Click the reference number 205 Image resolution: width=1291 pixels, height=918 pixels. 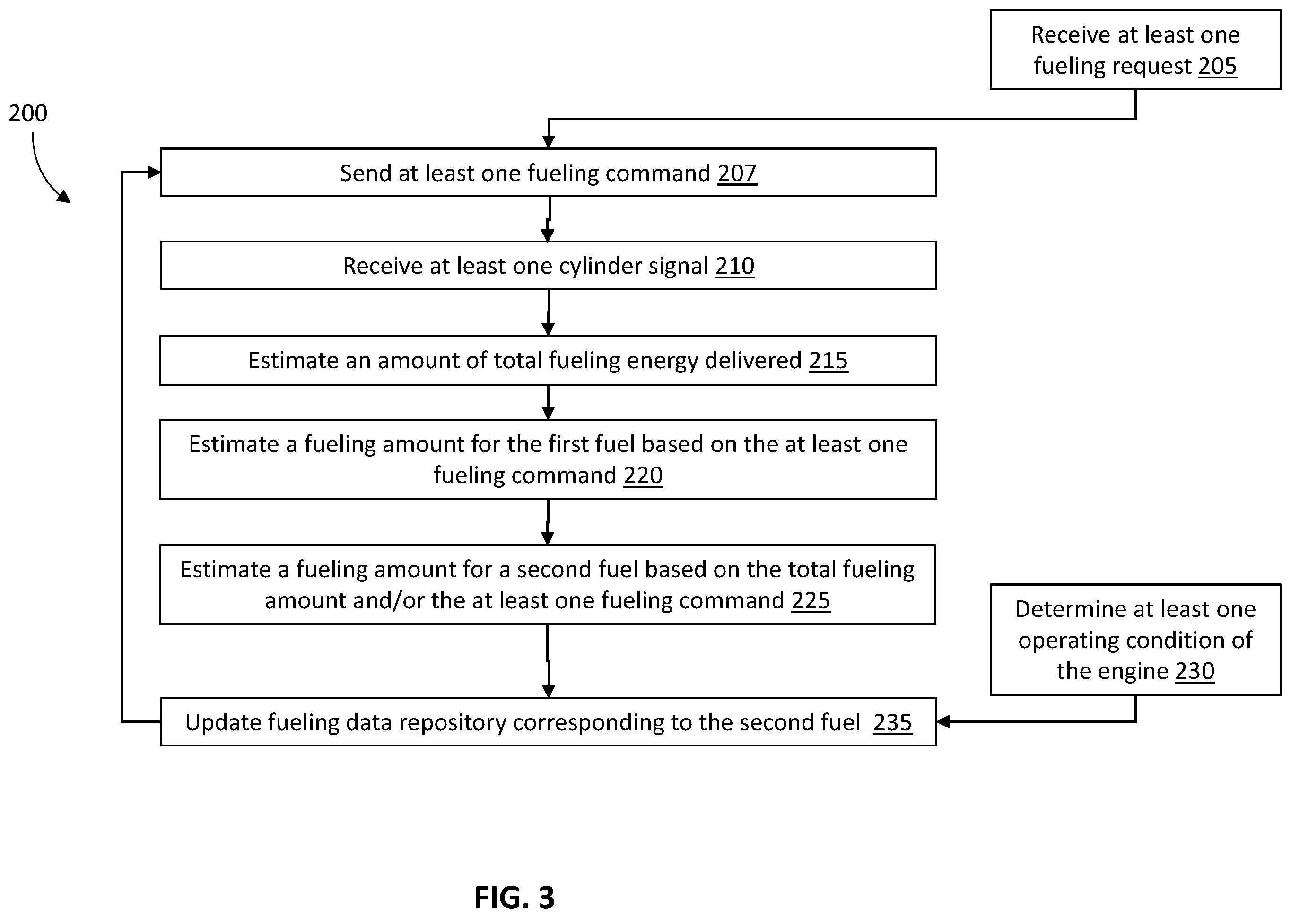click(x=1218, y=66)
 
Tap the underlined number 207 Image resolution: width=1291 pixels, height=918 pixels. click(x=737, y=173)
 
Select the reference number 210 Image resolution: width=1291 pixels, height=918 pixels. click(x=734, y=266)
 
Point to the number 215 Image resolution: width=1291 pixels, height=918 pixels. click(x=828, y=361)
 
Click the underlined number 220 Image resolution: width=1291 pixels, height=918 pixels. click(x=643, y=476)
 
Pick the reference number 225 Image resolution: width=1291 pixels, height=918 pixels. click(x=811, y=600)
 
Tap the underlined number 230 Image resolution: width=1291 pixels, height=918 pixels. click(x=1195, y=671)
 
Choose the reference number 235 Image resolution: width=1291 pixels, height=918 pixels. click(x=892, y=722)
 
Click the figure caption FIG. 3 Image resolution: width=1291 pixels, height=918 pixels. click(x=515, y=897)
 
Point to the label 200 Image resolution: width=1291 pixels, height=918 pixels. click(x=28, y=113)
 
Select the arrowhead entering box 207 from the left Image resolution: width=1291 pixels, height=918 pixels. click(x=154, y=173)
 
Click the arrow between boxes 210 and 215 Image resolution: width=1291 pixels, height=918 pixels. click(x=548, y=312)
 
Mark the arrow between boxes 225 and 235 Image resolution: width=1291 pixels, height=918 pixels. click(x=548, y=661)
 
